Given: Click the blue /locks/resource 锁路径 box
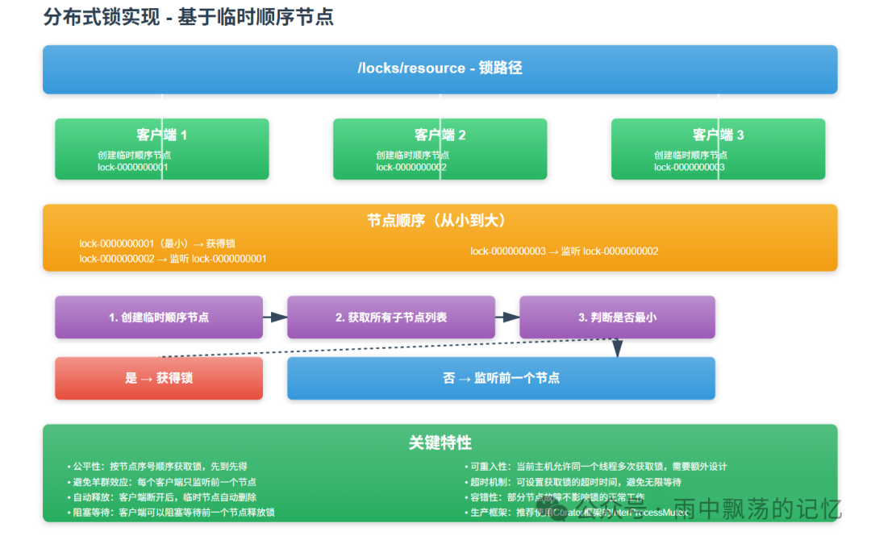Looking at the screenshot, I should (x=440, y=69).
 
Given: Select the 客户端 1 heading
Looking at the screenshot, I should (x=161, y=135).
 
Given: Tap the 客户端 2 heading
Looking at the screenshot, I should (x=440, y=135).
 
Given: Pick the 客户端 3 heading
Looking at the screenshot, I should (x=718, y=135).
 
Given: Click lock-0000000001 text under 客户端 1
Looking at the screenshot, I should (x=133, y=168).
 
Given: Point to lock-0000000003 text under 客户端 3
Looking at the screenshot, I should (x=689, y=168).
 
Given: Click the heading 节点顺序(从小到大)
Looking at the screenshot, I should (x=440, y=220).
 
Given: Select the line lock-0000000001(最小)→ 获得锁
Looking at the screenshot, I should (x=157, y=243).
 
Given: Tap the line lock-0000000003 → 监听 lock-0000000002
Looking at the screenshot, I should (x=565, y=251).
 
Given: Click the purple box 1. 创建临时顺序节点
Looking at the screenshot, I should (x=159, y=318).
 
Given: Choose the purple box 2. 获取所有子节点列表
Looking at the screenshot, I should (x=391, y=318).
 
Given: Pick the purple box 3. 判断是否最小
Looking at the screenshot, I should (x=617, y=318).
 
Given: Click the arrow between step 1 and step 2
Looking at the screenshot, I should (x=275, y=318).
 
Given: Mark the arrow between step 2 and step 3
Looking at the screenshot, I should (x=507, y=318).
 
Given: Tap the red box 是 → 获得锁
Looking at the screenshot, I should (x=159, y=378).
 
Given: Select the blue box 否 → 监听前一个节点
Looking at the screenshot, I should (x=501, y=378).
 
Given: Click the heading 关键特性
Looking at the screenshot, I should (x=440, y=442).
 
